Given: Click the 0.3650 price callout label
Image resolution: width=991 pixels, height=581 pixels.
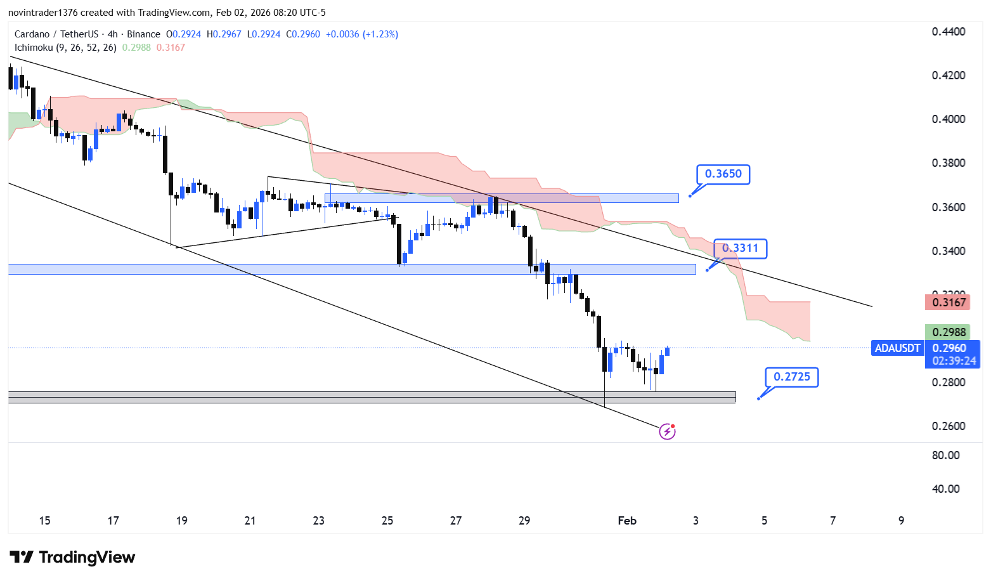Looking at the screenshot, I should click(723, 174).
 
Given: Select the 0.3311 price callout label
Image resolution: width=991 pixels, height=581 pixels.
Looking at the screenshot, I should click(740, 249).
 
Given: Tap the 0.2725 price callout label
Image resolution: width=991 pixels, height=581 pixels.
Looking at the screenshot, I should click(791, 377).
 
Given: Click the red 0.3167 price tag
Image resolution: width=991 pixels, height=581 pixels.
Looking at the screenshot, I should click(949, 302).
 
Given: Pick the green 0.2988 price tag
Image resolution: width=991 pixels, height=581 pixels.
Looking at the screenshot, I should click(949, 332).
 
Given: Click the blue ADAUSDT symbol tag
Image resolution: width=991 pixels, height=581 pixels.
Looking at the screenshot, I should click(897, 348).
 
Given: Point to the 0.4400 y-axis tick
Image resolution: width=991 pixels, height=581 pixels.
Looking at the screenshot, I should click(949, 32).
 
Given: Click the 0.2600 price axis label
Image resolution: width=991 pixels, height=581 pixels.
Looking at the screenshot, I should click(949, 426).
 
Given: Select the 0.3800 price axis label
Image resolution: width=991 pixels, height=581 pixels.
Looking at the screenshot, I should click(949, 163).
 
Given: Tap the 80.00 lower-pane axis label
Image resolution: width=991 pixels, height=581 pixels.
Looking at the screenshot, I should click(945, 455).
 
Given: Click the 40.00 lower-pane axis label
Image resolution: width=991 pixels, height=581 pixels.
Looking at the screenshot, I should click(945, 489).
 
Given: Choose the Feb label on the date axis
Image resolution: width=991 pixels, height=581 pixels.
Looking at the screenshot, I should click(627, 521).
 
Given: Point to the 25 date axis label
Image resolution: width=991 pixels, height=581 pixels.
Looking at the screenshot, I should click(387, 521).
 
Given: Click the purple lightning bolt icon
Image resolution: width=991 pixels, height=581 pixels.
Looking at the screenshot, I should click(667, 432).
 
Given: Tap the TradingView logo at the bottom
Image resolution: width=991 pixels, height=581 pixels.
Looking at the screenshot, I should click(72, 558).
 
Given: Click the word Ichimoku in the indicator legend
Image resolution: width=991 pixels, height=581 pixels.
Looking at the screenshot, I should click(34, 48).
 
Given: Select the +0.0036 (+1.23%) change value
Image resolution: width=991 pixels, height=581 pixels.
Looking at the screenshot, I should click(362, 34).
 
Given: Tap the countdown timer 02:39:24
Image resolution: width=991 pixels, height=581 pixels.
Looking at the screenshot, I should click(954, 361).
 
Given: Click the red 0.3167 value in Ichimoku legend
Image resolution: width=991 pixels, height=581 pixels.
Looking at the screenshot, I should click(171, 48).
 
